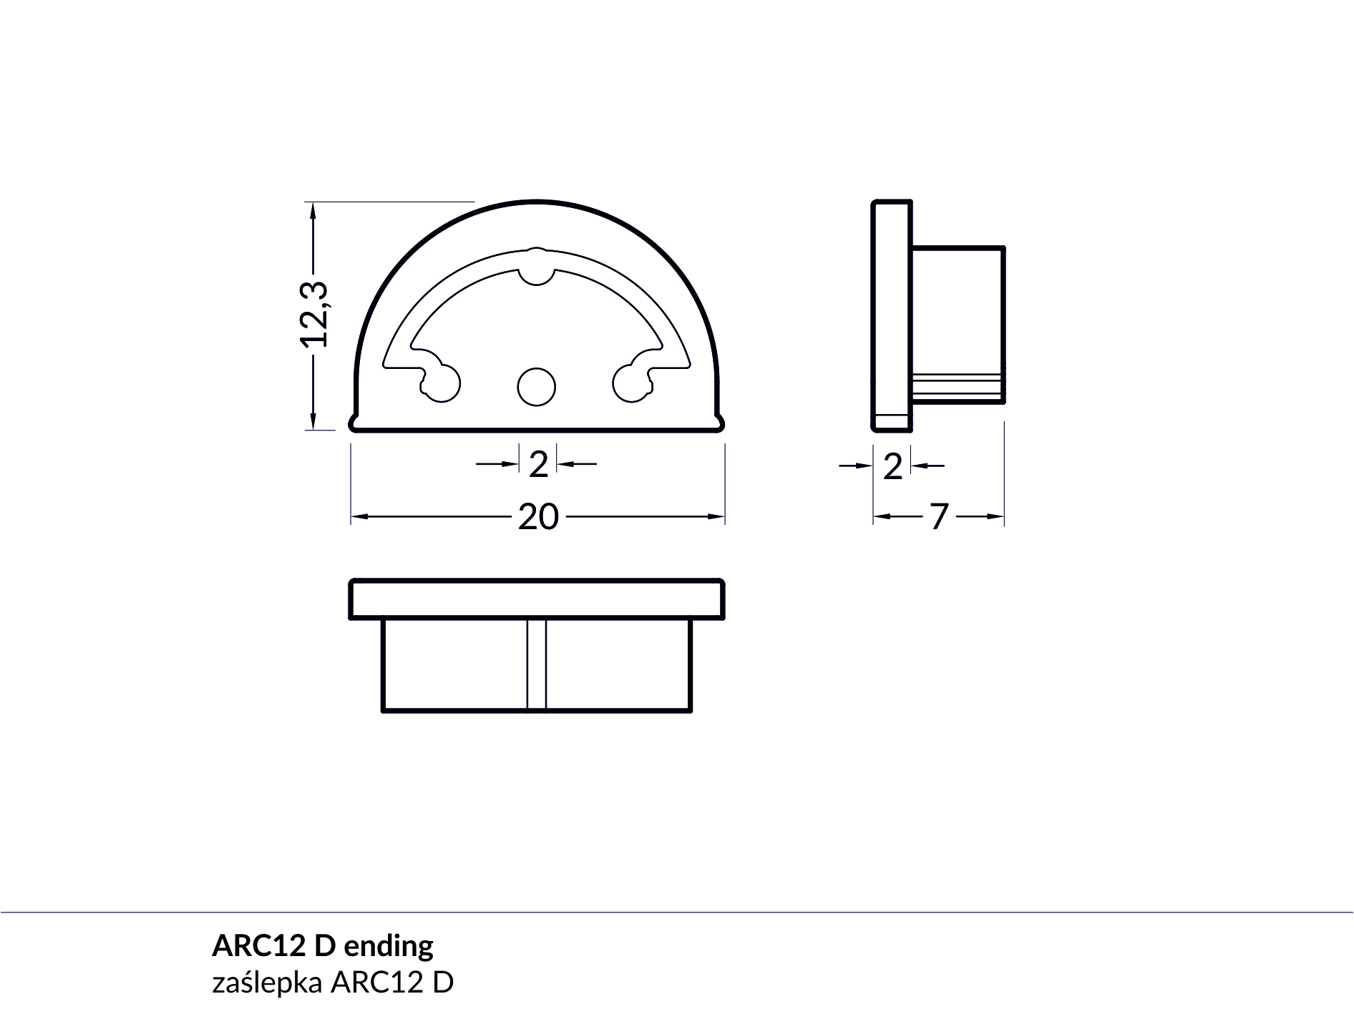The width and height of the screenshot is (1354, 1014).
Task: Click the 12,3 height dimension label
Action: click(x=313, y=314)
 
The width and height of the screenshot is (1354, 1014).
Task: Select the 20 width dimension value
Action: click(x=538, y=517)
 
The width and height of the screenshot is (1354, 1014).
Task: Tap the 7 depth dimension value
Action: click(x=939, y=516)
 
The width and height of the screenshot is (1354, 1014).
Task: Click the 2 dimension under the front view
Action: click(x=538, y=465)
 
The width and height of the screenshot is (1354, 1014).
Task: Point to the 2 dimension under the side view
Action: click(x=892, y=467)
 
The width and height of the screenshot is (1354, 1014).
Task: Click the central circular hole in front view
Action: click(x=537, y=387)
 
